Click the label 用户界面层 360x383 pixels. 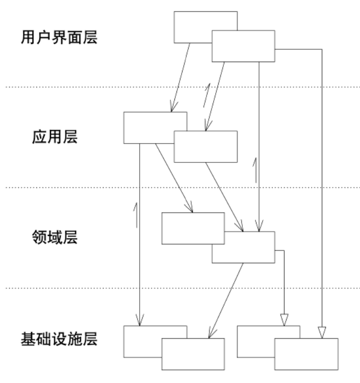tap(59, 38)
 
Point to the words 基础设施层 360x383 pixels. tap(59, 338)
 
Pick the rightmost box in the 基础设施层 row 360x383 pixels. tap(306, 353)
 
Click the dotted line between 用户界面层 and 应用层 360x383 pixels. tap(102, 88)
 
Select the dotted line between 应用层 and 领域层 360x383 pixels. tap(102, 187)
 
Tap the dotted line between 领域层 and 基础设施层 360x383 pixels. tap(102, 288)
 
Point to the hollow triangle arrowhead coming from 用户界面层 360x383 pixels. tap(321, 331)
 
